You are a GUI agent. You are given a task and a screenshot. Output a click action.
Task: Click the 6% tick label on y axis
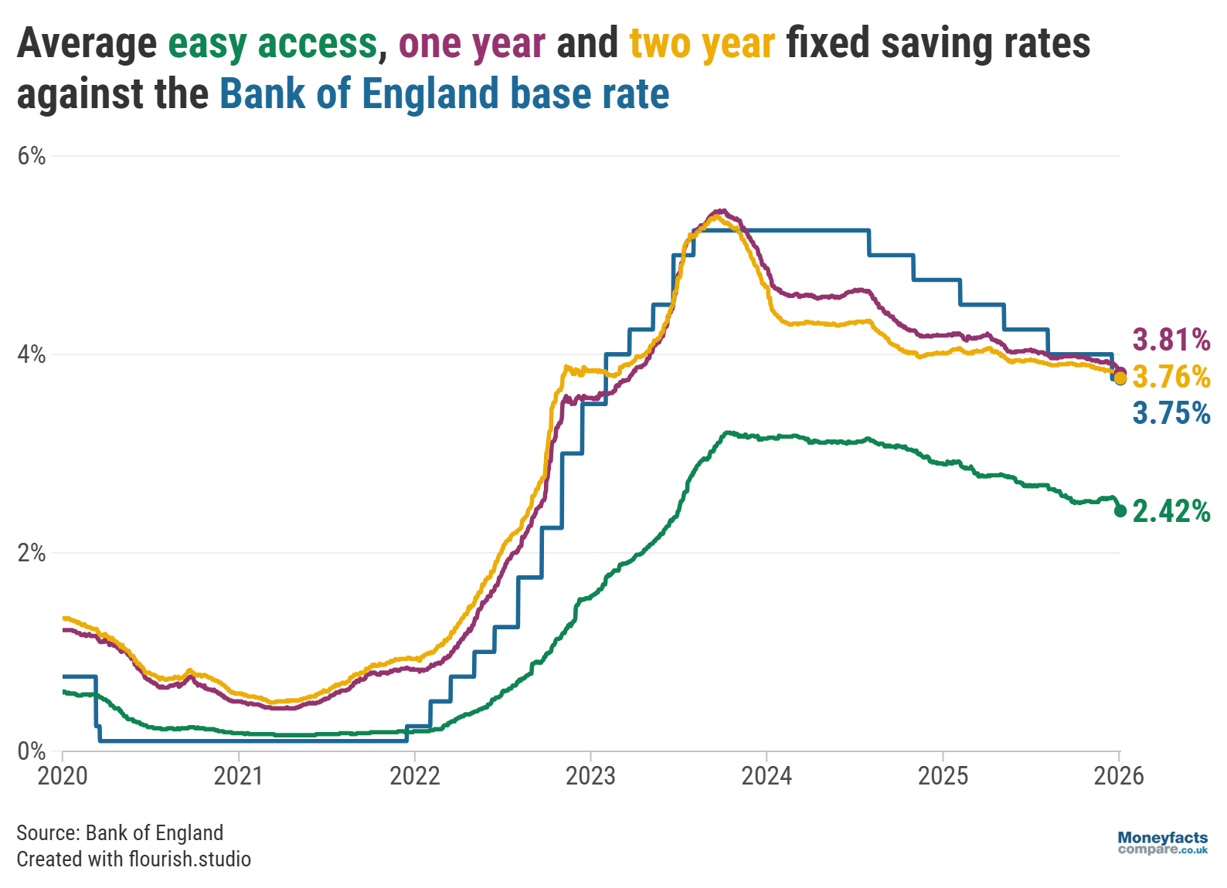(32, 157)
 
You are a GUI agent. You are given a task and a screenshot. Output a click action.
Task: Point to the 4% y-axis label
(32, 355)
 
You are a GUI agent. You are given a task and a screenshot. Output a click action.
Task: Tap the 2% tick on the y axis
(32, 554)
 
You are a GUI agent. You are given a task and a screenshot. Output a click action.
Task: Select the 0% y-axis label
(32, 751)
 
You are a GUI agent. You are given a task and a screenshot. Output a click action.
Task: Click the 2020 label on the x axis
(63, 775)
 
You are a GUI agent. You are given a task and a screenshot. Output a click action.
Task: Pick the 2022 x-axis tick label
(415, 775)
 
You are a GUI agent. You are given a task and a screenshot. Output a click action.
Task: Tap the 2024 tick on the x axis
(766, 775)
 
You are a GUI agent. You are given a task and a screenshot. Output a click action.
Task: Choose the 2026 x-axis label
(1118, 775)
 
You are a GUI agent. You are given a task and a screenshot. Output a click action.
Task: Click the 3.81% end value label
(1171, 340)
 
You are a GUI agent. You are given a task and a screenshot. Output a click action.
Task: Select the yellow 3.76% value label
(1171, 377)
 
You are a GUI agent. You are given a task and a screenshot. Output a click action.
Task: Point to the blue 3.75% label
(1171, 413)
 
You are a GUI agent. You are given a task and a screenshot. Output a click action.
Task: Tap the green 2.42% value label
(1171, 511)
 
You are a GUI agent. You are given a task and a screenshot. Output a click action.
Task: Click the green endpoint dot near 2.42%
(1120, 510)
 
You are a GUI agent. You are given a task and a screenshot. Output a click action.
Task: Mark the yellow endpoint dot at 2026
(1120, 378)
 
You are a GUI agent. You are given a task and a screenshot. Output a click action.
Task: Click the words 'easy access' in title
(273, 43)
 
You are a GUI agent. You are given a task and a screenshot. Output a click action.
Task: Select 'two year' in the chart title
(702, 43)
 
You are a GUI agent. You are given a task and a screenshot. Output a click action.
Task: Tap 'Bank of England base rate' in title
(444, 94)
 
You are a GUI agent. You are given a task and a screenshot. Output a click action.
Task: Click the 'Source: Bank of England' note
(120, 832)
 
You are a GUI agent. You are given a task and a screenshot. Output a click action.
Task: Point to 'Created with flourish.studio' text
(134, 859)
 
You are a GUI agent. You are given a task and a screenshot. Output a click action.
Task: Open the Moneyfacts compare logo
(1162, 842)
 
